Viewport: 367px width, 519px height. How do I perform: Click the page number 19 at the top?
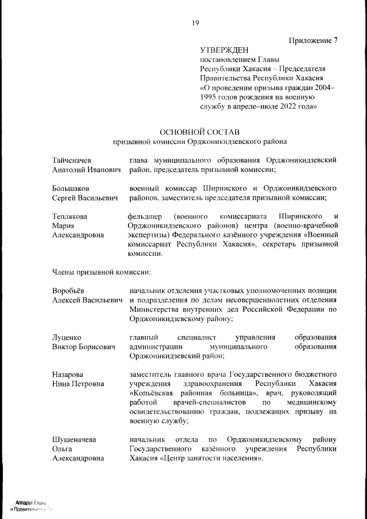(195, 23)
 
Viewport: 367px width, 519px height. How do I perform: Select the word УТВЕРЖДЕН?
(225, 50)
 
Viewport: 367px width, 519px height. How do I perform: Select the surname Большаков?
(70, 188)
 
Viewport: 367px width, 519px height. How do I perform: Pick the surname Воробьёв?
(68, 290)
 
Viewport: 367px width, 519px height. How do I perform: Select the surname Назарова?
(68, 374)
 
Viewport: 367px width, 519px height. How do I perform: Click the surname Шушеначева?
(74, 439)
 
